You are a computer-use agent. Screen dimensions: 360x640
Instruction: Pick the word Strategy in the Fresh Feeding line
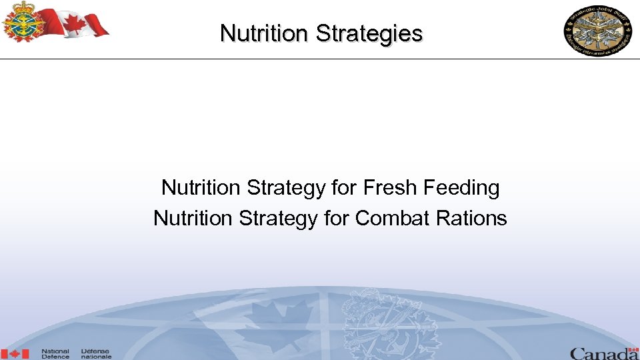[286, 188]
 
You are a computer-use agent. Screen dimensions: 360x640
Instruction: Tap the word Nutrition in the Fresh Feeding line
[201, 188]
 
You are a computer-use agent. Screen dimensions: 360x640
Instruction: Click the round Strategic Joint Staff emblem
[598, 31]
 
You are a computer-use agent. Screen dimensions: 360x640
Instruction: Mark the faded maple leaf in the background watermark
[283, 323]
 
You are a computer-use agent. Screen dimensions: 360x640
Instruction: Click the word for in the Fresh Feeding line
[345, 188]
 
